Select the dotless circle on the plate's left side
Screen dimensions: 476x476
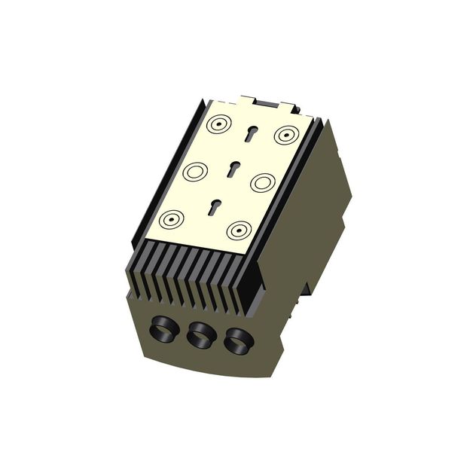[x=194, y=172]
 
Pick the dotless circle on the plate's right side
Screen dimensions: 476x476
[x=261, y=182]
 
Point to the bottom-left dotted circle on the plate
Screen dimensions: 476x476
[x=172, y=219]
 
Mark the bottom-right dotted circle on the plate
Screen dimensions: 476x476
[x=239, y=230]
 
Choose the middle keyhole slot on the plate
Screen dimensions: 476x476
[x=233, y=169]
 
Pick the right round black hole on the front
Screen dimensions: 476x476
[x=237, y=343]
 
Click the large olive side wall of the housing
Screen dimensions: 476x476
[x=301, y=249]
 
